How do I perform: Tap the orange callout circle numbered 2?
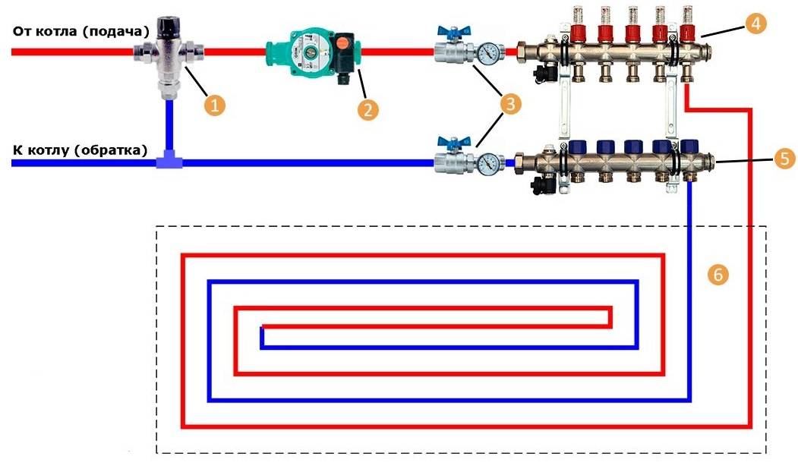(368, 108)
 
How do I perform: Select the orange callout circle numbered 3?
(510, 104)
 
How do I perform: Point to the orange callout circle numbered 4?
(755, 24)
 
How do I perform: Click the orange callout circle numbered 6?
(718, 274)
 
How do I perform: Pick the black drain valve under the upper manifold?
(544, 73)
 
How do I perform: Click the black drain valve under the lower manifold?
(544, 184)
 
